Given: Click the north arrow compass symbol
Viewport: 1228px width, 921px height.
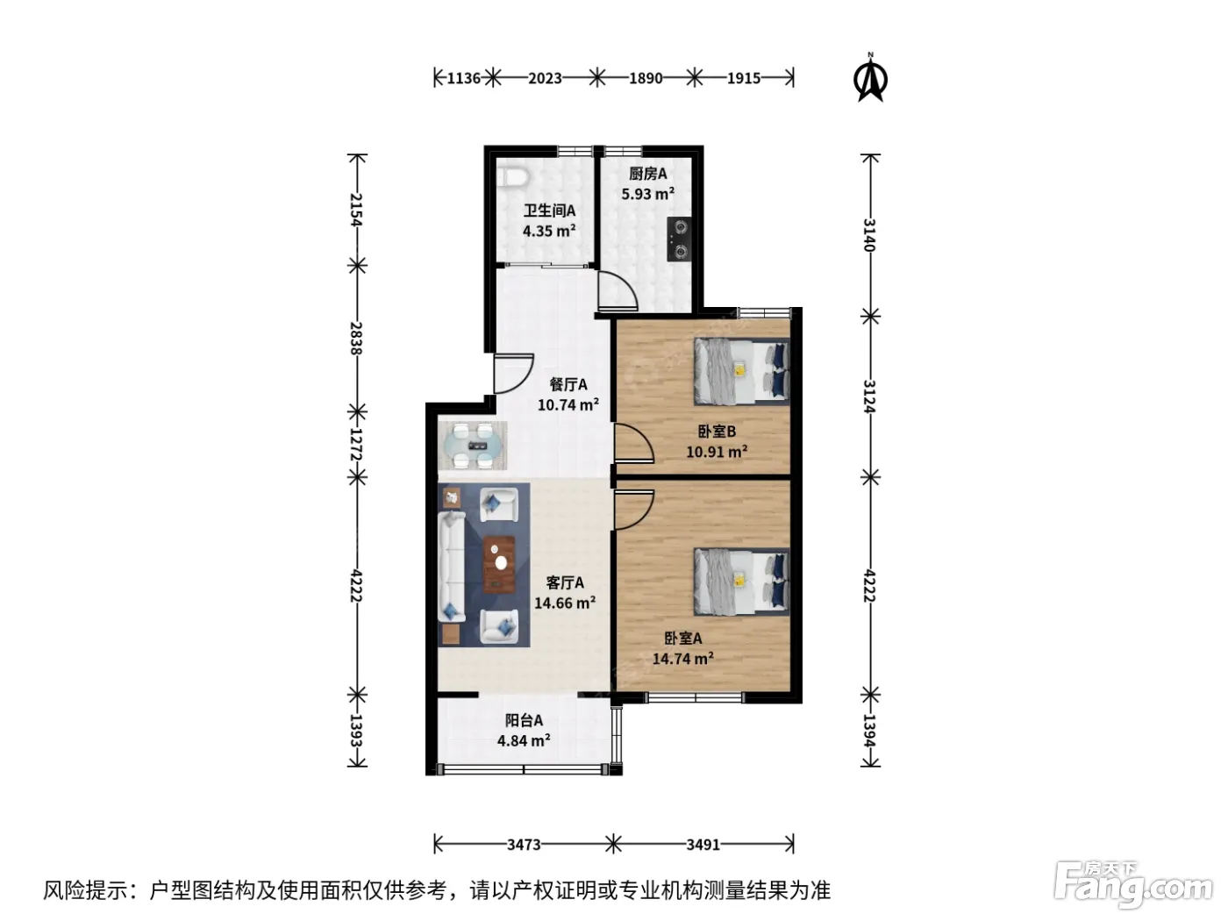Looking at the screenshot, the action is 870,77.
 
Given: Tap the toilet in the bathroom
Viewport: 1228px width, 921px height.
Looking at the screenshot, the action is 512,177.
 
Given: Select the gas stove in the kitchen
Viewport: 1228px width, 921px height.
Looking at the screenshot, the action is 678,239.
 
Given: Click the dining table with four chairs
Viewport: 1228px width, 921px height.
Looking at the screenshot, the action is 473,446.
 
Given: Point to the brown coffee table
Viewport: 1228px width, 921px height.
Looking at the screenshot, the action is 499,564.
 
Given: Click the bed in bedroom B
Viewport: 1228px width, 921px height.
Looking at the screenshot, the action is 742,371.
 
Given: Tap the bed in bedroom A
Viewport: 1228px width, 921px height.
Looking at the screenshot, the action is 742,582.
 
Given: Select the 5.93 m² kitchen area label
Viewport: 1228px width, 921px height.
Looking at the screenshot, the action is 648,194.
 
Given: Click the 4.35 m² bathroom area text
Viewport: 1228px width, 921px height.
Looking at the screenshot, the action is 549,231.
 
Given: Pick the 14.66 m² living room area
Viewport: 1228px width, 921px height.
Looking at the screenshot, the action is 565,603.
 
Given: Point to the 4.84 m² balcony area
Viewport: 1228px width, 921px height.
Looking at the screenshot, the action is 524,740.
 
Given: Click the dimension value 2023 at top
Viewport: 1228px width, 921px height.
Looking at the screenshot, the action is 545,78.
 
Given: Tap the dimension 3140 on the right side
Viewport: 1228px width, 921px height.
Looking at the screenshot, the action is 869,235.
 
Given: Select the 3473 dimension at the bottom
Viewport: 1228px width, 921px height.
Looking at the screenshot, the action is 524,845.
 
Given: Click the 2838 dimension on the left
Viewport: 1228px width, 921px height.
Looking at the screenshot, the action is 356,339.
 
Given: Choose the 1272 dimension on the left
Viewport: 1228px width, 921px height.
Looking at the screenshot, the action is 356,445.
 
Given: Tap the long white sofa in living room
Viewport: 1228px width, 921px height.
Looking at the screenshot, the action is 452,567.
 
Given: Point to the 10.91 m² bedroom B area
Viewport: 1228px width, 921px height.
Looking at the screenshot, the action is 717,451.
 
